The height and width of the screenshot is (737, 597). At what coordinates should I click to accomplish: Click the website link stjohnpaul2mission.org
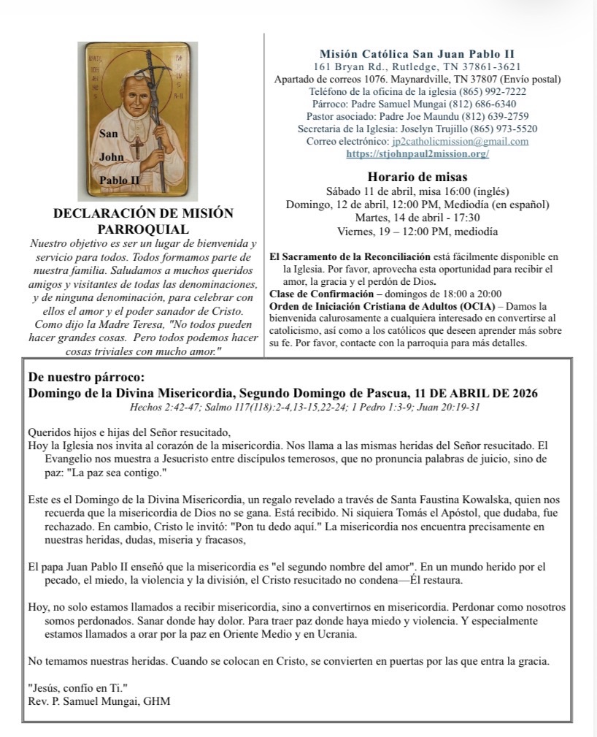[x=417, y=154]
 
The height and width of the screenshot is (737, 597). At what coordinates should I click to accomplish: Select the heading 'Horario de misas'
[x=417, y=177]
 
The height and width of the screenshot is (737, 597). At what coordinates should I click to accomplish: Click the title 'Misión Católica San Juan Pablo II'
[x=417, y=54]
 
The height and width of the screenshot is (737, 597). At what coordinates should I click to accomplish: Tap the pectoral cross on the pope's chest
[x=136, y=147]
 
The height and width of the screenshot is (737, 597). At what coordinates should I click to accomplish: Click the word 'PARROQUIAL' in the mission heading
[x=143, y=229]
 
